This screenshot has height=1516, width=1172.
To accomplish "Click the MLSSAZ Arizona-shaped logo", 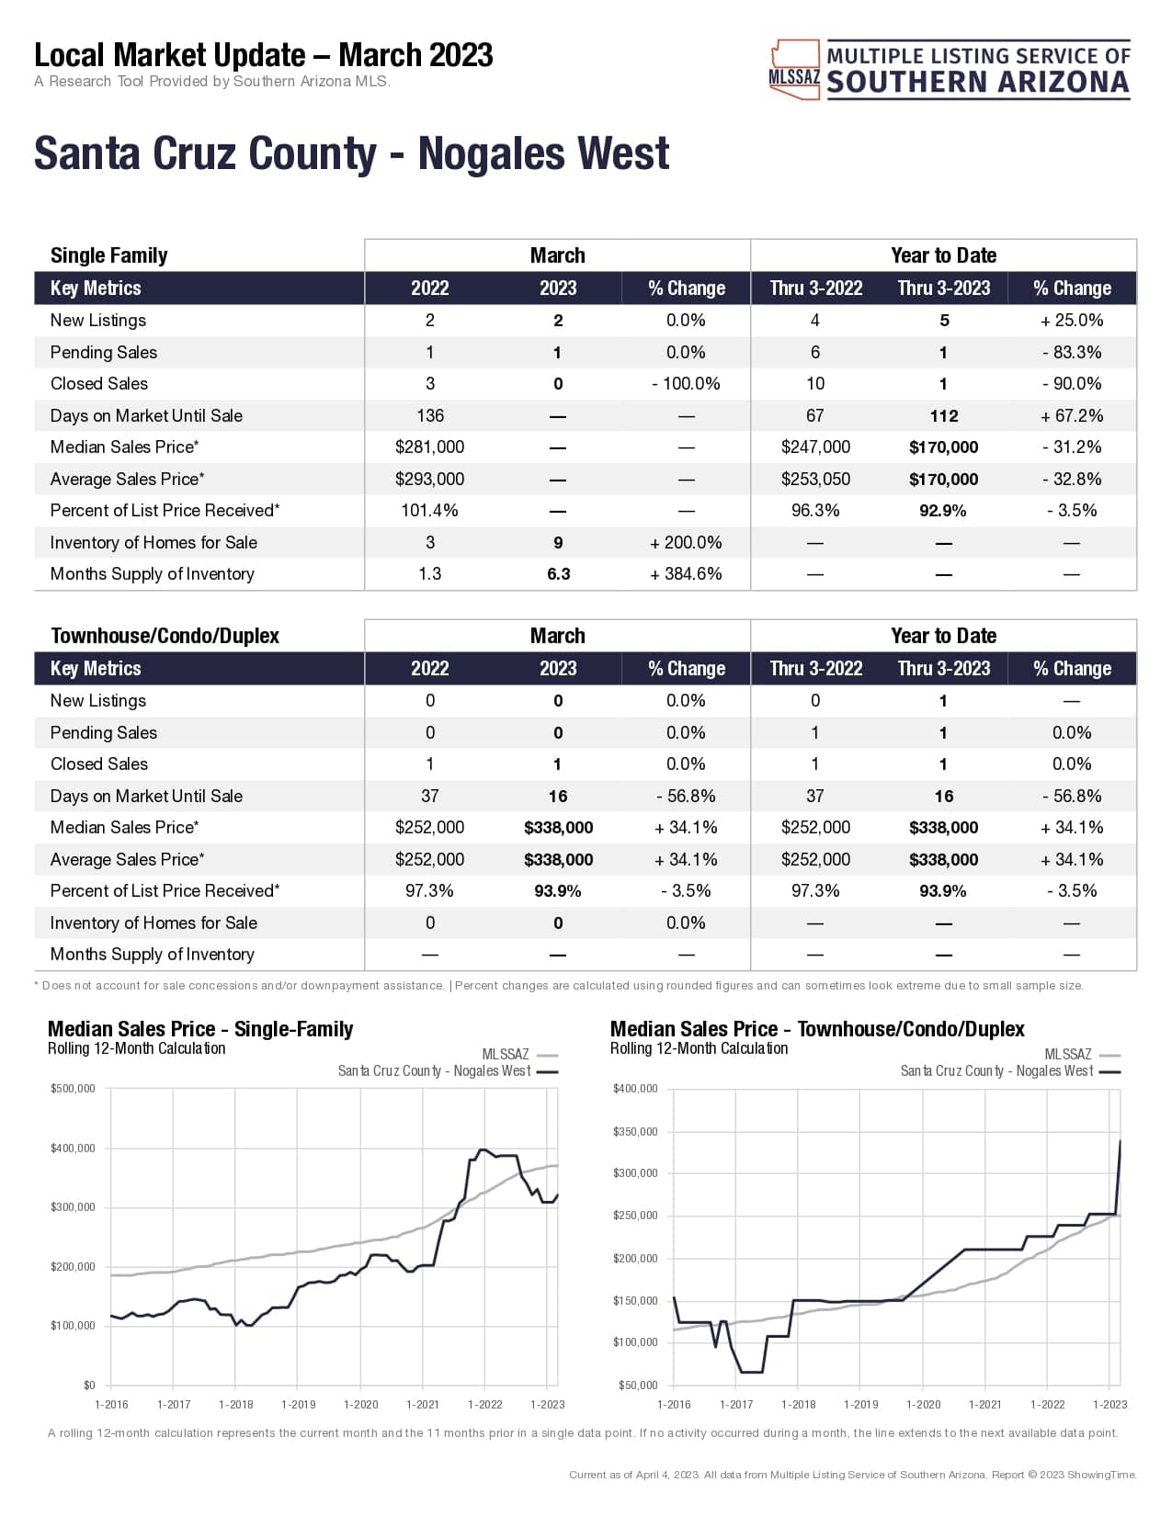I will [x=794, y=70].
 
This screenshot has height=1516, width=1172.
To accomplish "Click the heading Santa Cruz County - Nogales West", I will [x=351, y=153].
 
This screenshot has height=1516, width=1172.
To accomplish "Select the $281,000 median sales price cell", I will [x=429, y=447].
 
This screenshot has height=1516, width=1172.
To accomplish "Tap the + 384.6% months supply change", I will [x=686, y=574].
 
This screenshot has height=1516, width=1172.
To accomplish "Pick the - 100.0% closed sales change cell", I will [x=686, y=384].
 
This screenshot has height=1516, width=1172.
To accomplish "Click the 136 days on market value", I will [x=429, y=415].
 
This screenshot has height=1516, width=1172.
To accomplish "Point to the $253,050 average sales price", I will [x=815, y=479].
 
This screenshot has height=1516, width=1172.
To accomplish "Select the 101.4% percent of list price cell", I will [x=429, y=511].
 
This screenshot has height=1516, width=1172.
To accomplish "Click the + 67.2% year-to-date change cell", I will [x=1072, y=415].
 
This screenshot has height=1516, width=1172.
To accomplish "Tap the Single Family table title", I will [x=108, y=255].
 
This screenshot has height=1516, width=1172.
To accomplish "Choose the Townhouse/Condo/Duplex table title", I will [x=165, y=636].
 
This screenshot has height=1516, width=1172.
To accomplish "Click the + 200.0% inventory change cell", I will [x=686, y=543].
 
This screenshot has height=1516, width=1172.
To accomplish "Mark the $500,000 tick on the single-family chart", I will [x=73, y=1089].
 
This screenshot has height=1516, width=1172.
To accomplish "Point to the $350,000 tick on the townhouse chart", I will [x=635, y=1132].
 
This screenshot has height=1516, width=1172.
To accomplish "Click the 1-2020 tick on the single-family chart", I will [x=360, y=1404].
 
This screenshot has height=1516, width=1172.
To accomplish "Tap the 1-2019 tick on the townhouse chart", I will [x=860, y=1404].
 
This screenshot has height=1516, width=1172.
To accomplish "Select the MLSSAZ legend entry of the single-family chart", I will [x=519, y=1055].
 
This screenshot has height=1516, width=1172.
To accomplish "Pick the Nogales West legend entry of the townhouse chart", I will [x=1009, y=1071].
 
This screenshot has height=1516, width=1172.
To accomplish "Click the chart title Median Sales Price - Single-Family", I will [x=200, y=1029].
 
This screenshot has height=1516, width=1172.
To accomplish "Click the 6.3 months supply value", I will [x=558, y=574].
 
